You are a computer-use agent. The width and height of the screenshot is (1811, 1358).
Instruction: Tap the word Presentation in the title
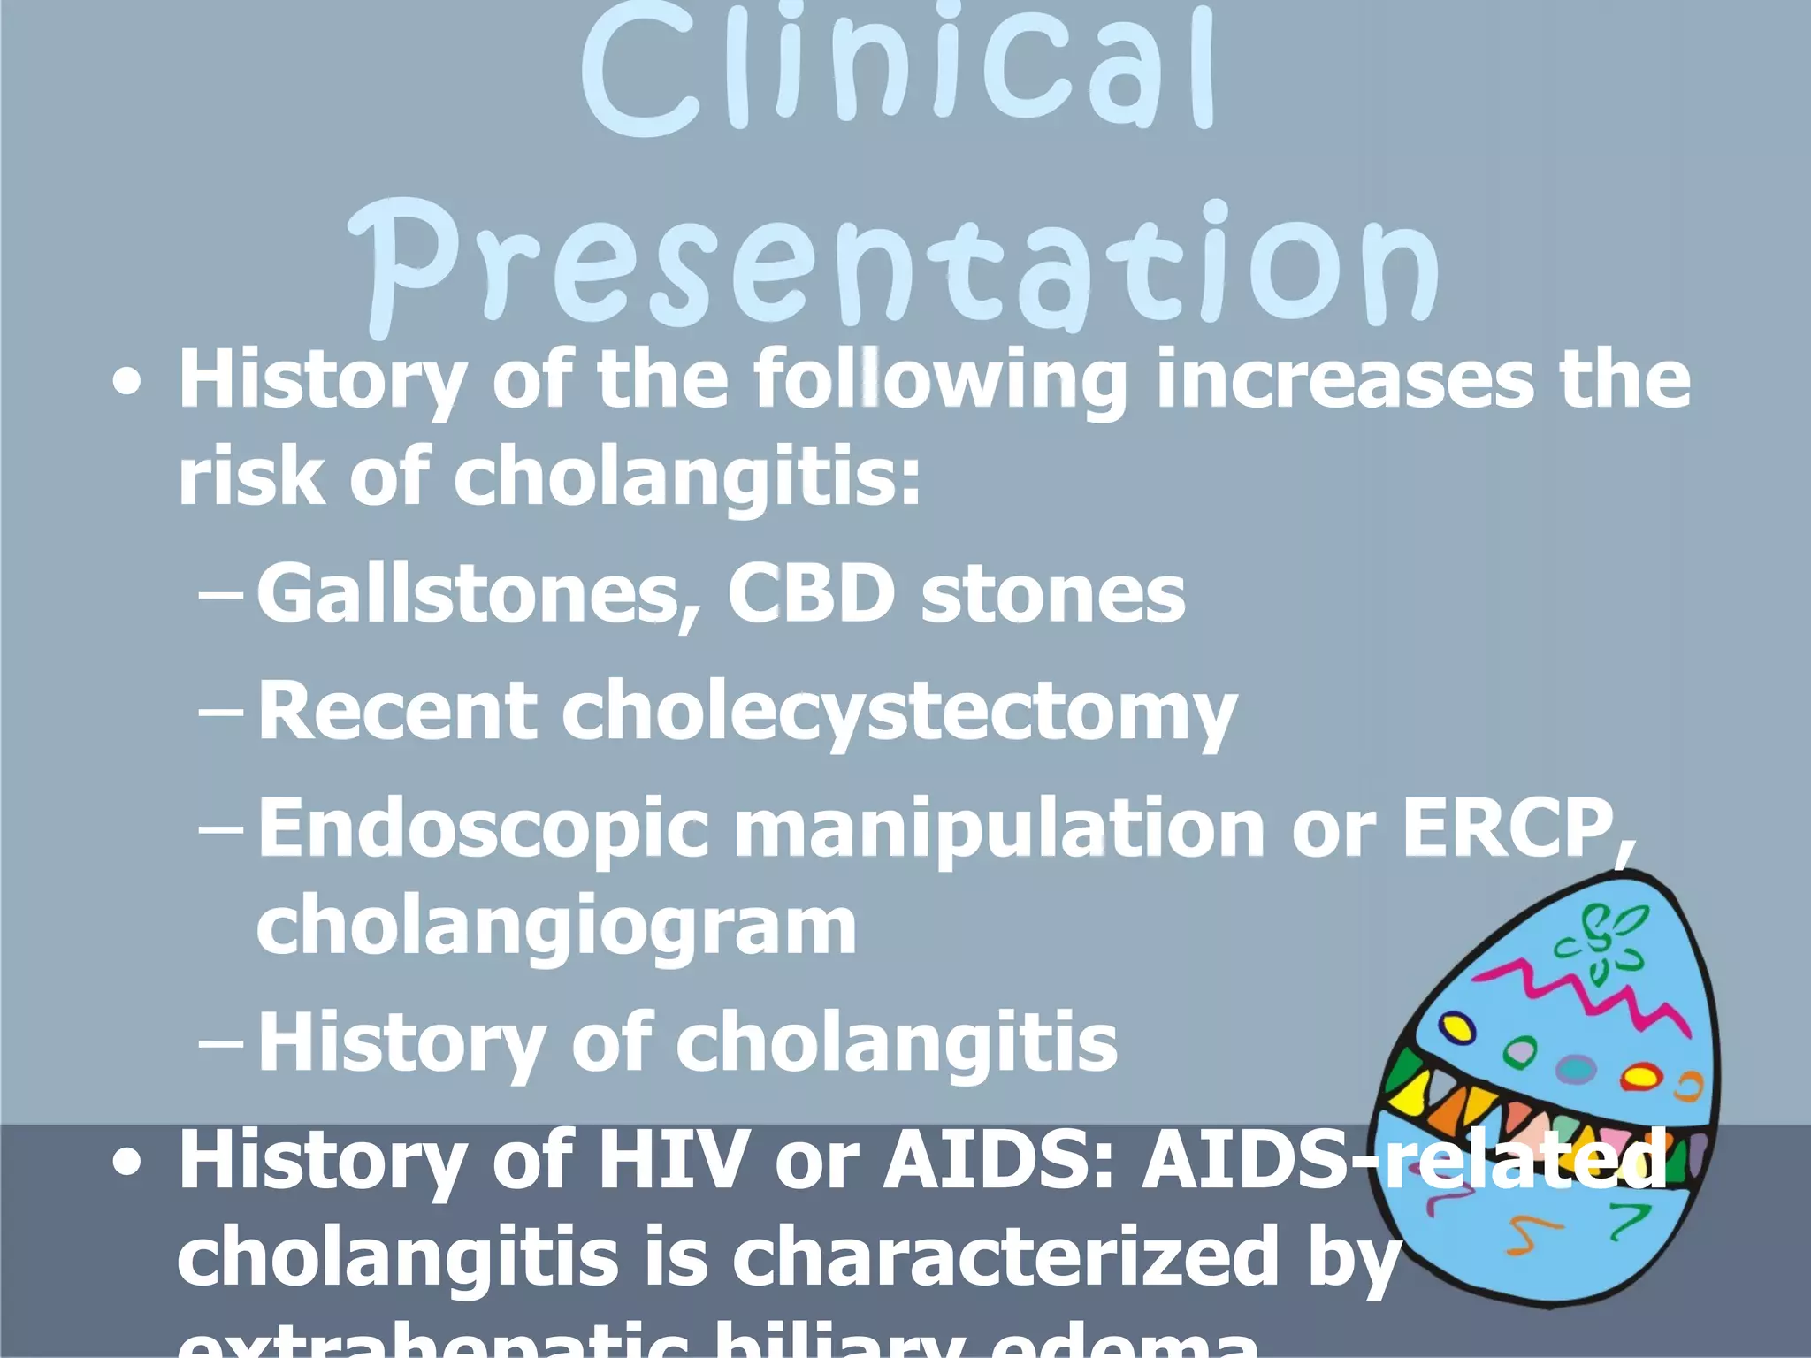(893, 265)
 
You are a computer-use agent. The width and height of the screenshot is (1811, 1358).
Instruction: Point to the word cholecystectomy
(898, 713)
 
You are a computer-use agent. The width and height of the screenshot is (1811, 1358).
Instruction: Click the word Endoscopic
(483, 829)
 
